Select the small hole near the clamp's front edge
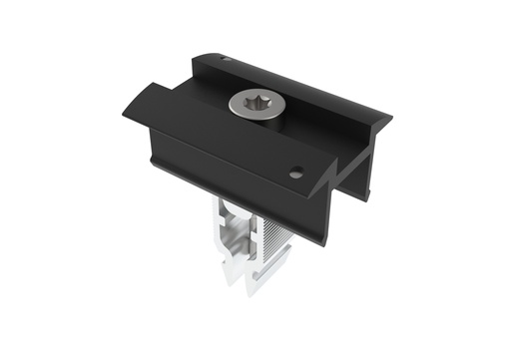coord(295,172)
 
